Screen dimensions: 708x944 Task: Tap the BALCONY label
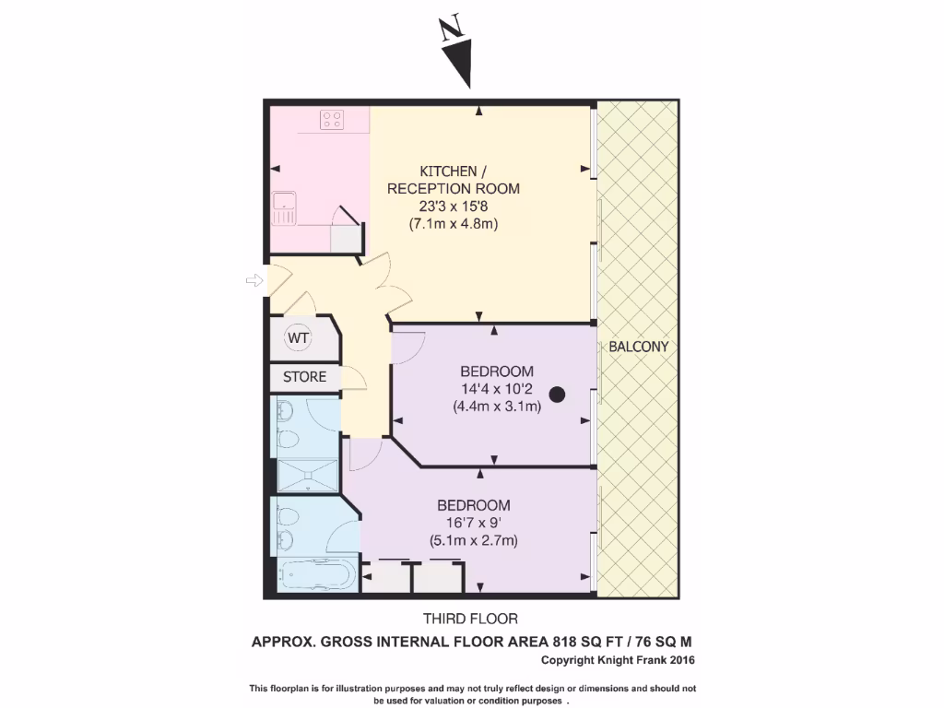click(638, 348)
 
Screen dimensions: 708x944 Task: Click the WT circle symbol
click(298, 338)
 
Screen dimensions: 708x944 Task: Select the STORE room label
click(304, 377)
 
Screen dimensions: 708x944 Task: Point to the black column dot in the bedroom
click(557, 395)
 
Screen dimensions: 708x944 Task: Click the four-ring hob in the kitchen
click(332, 120)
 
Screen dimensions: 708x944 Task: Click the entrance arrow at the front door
click(254, 280)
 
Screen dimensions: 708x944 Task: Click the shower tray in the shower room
click(306, 474)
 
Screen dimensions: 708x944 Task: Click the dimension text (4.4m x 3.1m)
click(496, 406)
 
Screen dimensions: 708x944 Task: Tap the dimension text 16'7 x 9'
click(473, 523)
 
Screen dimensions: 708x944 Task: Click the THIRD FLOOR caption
click(471, 619)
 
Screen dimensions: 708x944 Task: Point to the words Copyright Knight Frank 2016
click(618, 660)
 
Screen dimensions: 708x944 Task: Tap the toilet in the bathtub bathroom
click(285, 516)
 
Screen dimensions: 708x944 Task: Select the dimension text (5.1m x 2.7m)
click(473, 540)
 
